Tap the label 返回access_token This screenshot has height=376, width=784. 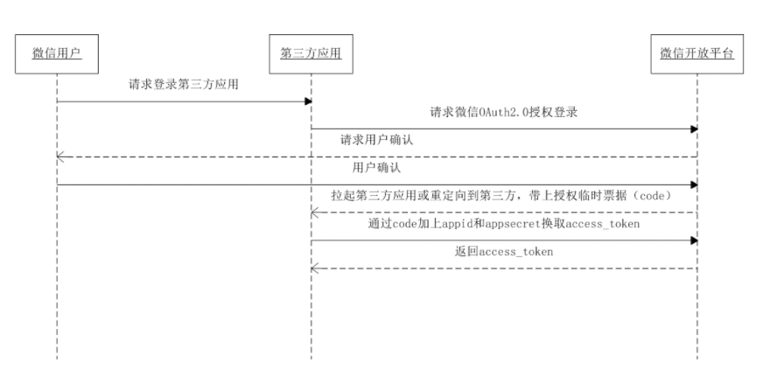(x=503, y=252)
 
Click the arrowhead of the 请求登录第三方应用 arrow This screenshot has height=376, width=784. (x=308, y=101)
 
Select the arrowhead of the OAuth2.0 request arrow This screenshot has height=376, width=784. (x=694, y=129)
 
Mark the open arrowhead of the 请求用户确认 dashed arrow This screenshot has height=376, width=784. (x=59, y=157)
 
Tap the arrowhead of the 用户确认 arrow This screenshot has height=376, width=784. (x=694, y=185)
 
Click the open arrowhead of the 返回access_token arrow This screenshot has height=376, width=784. (x=314, y=268)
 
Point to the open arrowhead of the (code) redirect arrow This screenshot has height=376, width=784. (x=314, y=212)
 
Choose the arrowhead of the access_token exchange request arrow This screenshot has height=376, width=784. (x=694, y=240)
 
